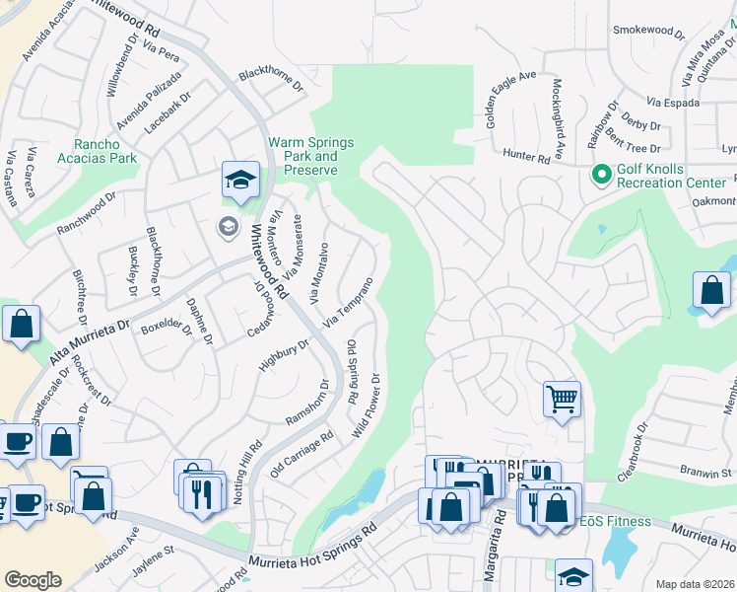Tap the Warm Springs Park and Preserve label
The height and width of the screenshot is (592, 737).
click(x=310, y=156)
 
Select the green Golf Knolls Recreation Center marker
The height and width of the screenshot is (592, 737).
click(x=600, y=175)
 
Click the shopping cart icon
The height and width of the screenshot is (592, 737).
click(x=562, y=400)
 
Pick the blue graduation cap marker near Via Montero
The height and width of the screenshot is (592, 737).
click(x=239, y=180)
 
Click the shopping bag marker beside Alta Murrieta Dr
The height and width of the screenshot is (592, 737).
click(x=21, y=324)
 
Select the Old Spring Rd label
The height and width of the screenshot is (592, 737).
click(x=352, y=372)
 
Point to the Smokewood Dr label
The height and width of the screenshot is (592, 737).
click(x=647, y=31)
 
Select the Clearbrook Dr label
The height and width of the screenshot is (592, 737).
click(x=632, y=452)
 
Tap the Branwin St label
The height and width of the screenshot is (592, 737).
click(x=703, y=473)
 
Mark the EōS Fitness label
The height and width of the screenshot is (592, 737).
click(x=616, y=521)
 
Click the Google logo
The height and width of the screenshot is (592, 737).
click(x=33, y=580)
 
